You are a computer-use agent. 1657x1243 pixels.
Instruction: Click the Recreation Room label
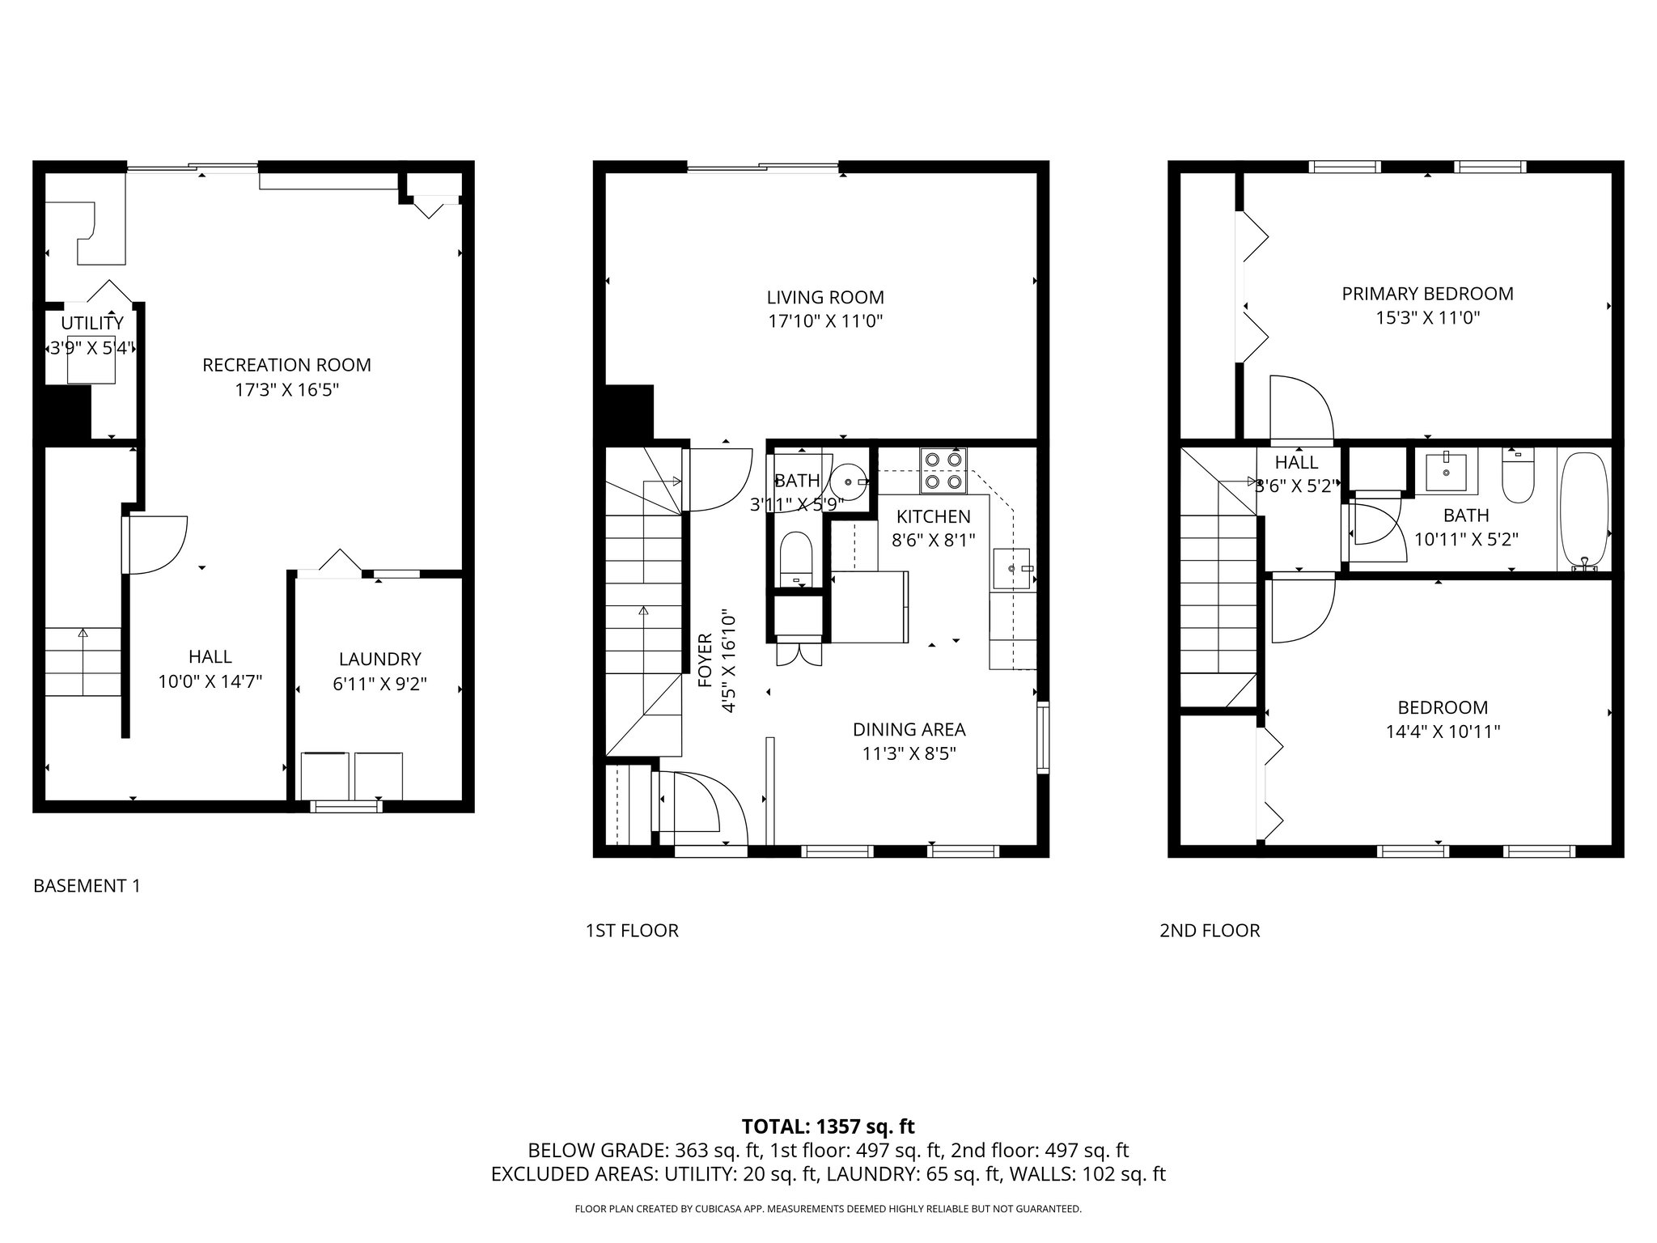click(286, 365)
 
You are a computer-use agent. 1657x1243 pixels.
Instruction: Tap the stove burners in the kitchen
click(943, 470)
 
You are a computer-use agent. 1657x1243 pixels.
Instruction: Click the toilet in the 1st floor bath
click(796, 558)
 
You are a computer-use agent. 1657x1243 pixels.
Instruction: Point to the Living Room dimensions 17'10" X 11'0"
click(824, 321)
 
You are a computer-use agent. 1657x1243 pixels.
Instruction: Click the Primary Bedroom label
click(1427, 294)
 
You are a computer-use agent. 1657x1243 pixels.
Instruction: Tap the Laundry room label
click(379, 659)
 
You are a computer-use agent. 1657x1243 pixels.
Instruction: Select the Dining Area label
click(909, 729)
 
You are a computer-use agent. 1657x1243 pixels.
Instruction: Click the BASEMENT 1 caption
click(87, 886)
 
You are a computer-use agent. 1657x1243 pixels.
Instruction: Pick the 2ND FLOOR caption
click(1210, 931)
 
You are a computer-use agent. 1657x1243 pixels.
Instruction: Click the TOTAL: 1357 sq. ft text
click(828, 1126)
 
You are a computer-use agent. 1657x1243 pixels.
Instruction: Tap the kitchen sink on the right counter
click(1012, 568)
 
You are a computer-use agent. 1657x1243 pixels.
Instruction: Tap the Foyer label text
click(706, 660)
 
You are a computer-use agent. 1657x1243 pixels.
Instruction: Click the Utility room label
click(92, 323)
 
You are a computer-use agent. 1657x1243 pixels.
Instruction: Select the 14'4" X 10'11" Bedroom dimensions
click(1443, 732)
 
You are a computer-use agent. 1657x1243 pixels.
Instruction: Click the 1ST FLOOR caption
click(632, 931)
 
